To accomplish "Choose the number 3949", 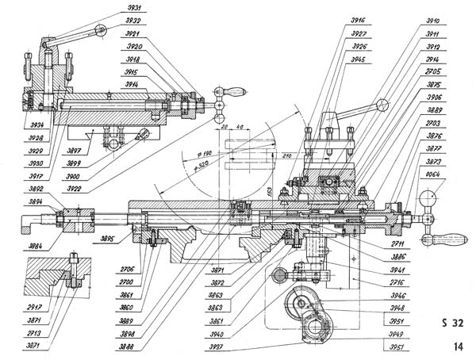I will click(x=397, y=335).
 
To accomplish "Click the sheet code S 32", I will click(x=451, y=323).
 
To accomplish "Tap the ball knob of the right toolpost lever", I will click(x=384, y=104).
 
